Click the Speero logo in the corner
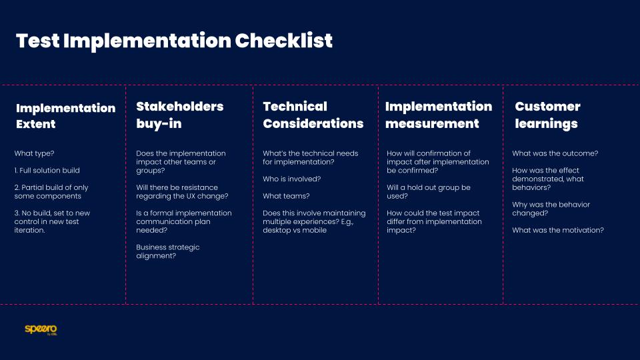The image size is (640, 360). coord(41,329)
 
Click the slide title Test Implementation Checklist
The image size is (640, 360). coord(174,41)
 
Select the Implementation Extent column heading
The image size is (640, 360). coord(65,116)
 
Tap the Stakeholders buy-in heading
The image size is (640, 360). coord(179,115)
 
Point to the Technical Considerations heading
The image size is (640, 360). coord(313,115)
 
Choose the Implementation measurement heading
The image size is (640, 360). coord(438,115)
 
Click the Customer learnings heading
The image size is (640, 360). coord(547,115)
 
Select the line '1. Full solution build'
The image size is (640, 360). coord(47,171)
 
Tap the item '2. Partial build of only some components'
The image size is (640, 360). coord(51,192)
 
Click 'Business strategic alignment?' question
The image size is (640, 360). coord(167,251)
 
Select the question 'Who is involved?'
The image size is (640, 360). coord(292,179)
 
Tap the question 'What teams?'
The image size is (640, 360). coord(286,196)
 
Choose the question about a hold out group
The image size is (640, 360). coord(428,192)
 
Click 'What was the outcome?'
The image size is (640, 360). coord(555,153)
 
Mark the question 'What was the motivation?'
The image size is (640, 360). coord(557,230)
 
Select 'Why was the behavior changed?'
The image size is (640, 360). coord(551,209)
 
